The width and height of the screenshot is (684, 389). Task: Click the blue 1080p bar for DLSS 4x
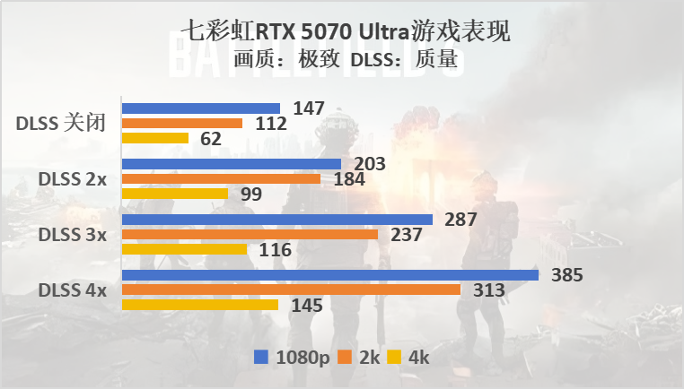pyautogui.click(x=329, y=275)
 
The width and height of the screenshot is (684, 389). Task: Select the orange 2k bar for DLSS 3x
pyautogui.click(x=250, y=235)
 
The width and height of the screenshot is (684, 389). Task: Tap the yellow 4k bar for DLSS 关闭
pyautogui.click(x=154, y=138)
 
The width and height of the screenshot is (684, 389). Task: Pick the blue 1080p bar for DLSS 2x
pyautogui.click(x=231, y=164)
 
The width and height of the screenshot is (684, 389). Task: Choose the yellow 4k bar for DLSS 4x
pyautogui.click(x=199, y=305)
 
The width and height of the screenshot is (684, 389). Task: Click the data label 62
pyautogui.click(x=211, y=139)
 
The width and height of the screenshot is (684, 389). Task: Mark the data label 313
pyautogui.click(x=489, y=290)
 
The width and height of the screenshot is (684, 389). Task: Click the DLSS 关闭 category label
pyautogui.click(x=61, y=124)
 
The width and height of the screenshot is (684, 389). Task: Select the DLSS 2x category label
pyautogui.click(x=72, y=179)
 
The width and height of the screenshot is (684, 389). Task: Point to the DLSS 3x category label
pyautogui.click(x=72, y=235)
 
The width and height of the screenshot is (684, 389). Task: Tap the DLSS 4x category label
pyautogui.click(x=72, y=290)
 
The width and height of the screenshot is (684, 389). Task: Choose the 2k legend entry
pyautogui.click(x=360, y=357)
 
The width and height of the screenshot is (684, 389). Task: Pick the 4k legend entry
pyautogui.click(x=409, y=357)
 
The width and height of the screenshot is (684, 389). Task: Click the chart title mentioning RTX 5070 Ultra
pyautogui.click(x=346, y=32)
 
